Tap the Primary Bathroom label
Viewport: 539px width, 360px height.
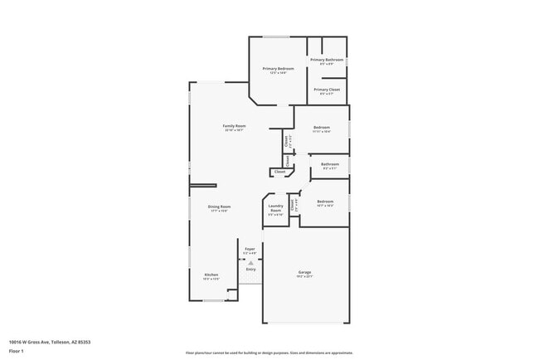coord(328,60)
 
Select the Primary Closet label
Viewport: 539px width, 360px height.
coord(328,90)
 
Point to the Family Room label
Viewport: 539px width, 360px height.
coord(234,126)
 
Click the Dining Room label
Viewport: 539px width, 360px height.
coord(219,207)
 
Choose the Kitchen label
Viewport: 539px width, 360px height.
coord(211,275)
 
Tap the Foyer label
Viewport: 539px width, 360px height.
coord(250,249)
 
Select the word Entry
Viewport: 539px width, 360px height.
coord(250,269)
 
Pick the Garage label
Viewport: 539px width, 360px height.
coord(304,272)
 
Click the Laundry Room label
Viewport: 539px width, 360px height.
coord(276,208)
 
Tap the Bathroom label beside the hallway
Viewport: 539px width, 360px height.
coord(330,164)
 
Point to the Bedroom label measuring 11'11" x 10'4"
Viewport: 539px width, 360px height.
coord(322,128)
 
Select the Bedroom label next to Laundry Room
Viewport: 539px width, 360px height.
coord(325,201)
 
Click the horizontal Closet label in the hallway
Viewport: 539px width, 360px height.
coord(279,172)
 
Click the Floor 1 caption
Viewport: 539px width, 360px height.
coord(17,351)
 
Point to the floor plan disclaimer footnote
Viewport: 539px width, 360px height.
coord(269,352)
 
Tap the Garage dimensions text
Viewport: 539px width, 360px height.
coord(304,277)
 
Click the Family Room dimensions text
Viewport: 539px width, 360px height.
coord(234,130)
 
